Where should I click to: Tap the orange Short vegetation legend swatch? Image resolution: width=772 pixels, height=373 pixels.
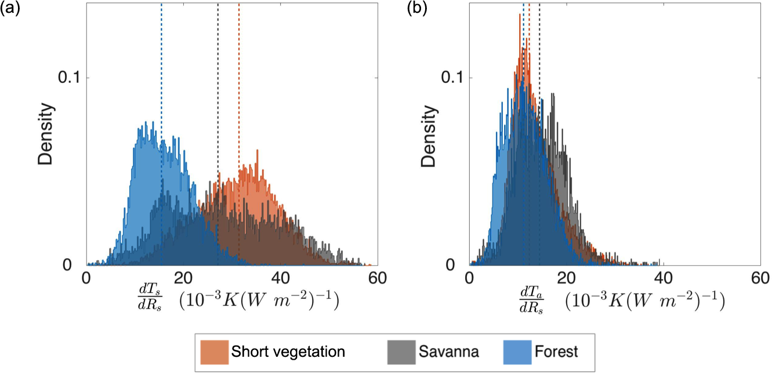[x=213, y=352]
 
